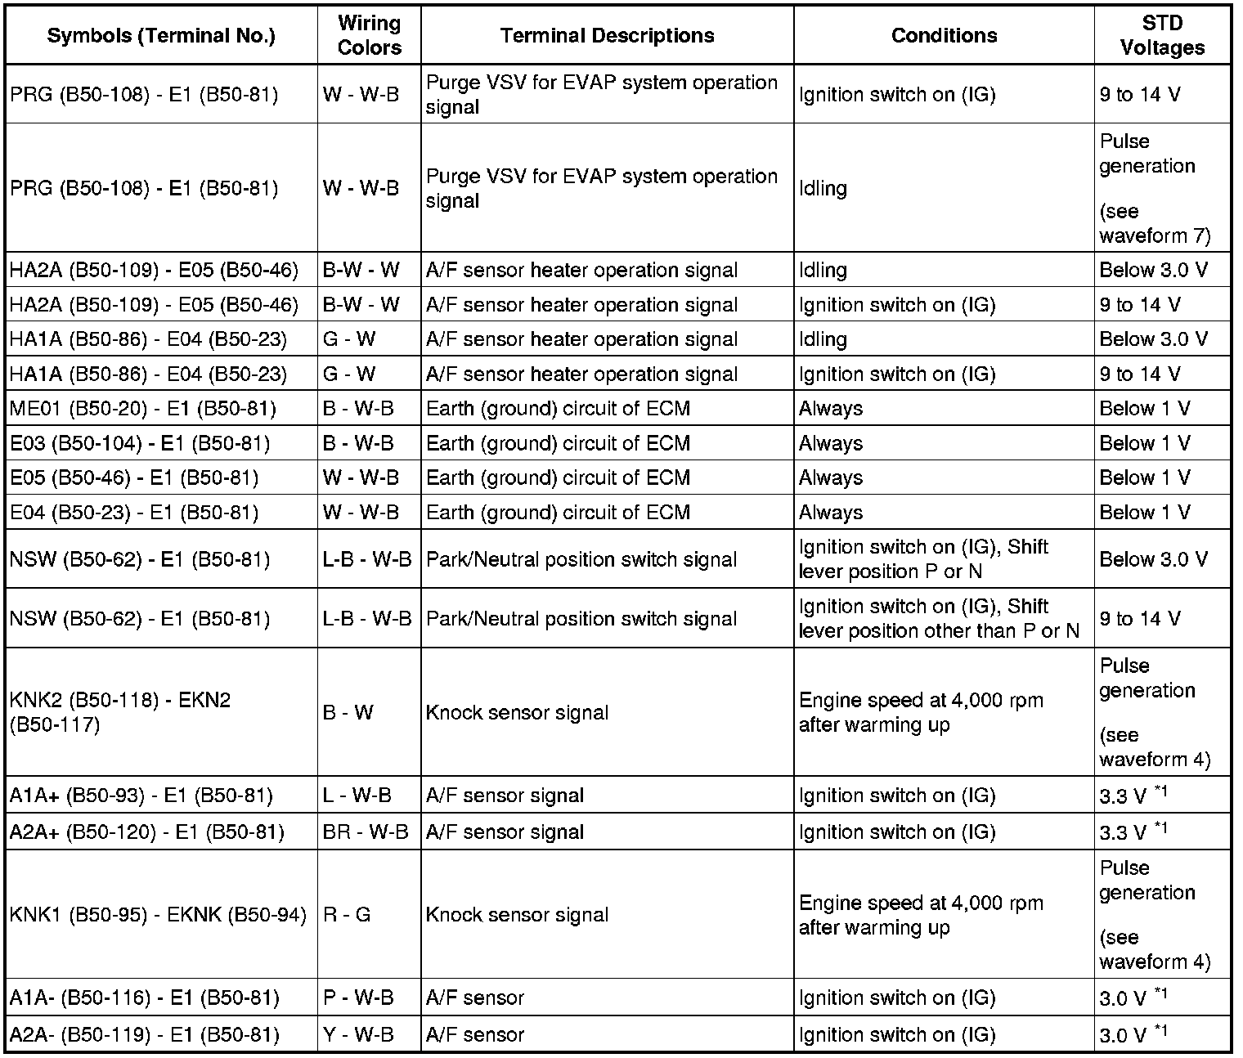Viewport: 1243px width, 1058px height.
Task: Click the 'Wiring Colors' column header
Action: (x=369, y=35)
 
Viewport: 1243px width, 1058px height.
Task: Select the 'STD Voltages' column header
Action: (x=1162, y=35)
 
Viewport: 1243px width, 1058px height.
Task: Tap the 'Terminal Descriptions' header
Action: (x=607, y=35)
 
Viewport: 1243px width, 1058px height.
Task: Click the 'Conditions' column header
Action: (x=944, y=35)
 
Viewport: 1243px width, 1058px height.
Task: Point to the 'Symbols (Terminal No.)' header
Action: (x=161, y=35)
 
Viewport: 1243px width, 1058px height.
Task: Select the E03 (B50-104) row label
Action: (x=140, y=443)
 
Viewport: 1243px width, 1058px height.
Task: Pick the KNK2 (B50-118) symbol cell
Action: (x=120, y=712)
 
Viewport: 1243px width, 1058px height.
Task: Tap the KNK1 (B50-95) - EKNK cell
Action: (x=158, y=914)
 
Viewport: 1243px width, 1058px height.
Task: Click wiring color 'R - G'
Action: (x=347, y=914)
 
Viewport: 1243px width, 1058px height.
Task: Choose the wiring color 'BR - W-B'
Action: (x=366, y=832)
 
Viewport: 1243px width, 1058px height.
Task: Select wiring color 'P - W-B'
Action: (x=358, y=997)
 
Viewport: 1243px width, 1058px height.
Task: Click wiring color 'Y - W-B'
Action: (x=358, y=1034)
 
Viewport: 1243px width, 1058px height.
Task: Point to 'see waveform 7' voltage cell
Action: (x=1154, y=223)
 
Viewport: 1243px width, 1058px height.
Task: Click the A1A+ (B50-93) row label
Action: (x=141, y=795)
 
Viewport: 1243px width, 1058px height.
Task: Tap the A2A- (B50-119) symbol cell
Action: (x=145, y=1034)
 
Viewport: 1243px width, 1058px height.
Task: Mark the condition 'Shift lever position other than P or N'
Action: (x=939, y=619)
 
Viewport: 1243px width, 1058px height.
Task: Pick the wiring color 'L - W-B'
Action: (x=357, y=795)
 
